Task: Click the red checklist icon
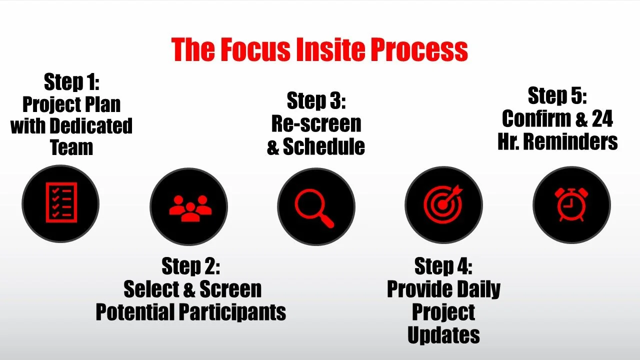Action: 61,203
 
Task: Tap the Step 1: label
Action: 71,82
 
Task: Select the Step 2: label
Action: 190,266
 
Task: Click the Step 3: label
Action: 316,101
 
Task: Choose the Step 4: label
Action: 443,266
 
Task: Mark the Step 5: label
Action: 557,95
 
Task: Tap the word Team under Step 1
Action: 71,147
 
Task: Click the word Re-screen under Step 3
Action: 316,123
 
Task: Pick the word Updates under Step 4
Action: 443,334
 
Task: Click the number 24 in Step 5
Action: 602,119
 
